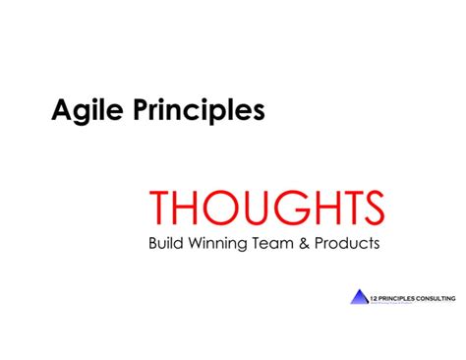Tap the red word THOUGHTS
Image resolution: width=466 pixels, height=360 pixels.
(266, 208)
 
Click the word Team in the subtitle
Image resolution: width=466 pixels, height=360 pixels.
(277, 242)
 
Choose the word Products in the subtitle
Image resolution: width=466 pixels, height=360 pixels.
(348, 242)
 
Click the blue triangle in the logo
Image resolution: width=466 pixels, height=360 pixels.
(358, 297)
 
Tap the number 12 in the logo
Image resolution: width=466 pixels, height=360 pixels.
(375, 294)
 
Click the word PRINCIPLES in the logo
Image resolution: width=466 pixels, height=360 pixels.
(399, 294)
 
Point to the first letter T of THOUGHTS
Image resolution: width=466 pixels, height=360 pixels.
(160, 208)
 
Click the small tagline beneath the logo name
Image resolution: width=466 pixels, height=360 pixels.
(403, 302)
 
